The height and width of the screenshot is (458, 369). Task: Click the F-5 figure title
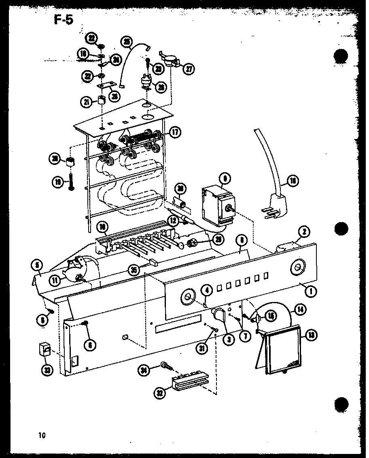coord(63,20)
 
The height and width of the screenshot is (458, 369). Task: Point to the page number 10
coord(42,436)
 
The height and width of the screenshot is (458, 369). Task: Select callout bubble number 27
coord(189,68)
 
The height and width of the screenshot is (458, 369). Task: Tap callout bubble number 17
coord(175,132)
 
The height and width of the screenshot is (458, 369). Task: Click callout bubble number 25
coord(127,41)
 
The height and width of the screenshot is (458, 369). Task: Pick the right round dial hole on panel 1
coord(298,267)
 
